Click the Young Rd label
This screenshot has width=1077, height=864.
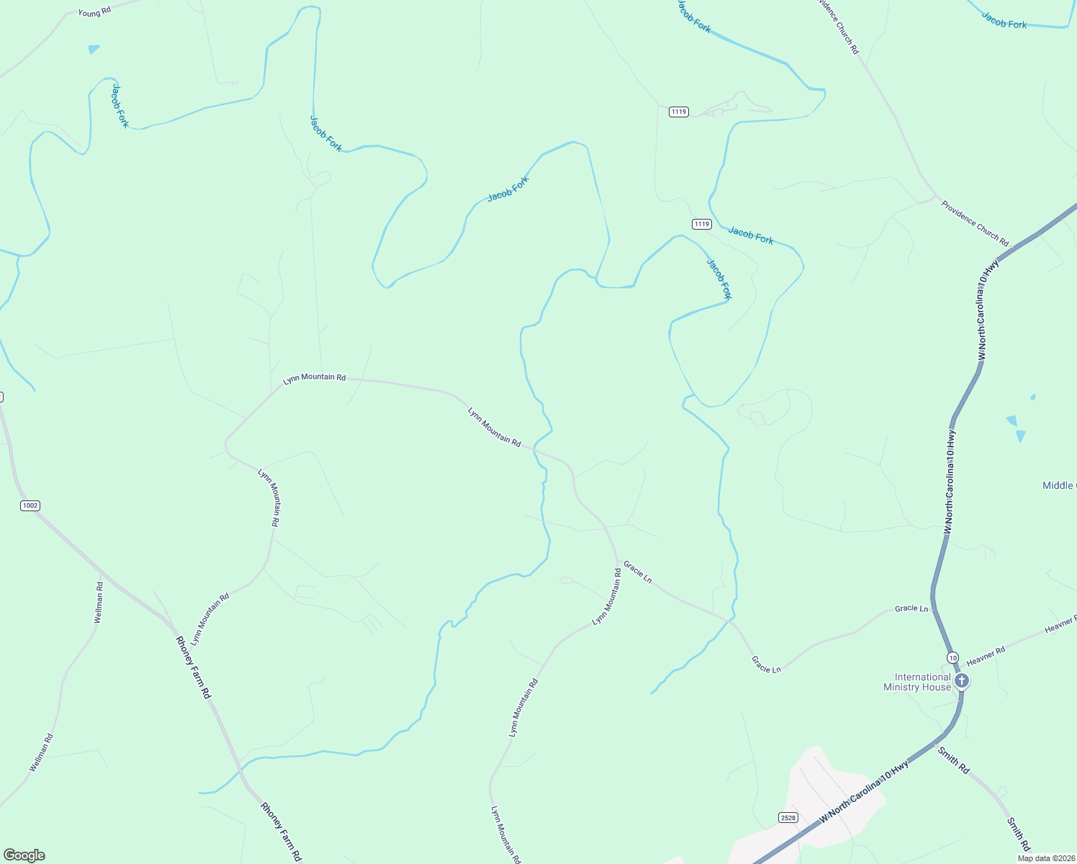point(94,13)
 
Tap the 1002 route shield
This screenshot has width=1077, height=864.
point(30,505)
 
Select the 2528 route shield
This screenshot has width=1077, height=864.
point(788,817)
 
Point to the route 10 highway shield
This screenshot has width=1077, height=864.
point(952,657)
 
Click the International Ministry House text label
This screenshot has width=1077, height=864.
point(917,682)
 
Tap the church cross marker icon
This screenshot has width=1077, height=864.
point(960,680)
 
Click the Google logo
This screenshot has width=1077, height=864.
point(24,855)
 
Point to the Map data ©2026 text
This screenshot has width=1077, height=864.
point(1046,858)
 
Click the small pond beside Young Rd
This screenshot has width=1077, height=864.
point(94,50)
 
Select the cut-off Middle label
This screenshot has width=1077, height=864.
point(1059,485)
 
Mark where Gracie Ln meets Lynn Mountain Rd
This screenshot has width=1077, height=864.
point(617,560)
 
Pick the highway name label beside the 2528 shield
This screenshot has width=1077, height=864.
point(864,792)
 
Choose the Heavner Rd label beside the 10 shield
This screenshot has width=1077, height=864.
point(986,655)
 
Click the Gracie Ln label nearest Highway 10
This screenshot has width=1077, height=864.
point(911,608)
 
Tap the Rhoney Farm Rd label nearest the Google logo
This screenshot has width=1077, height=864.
point(281,832)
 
